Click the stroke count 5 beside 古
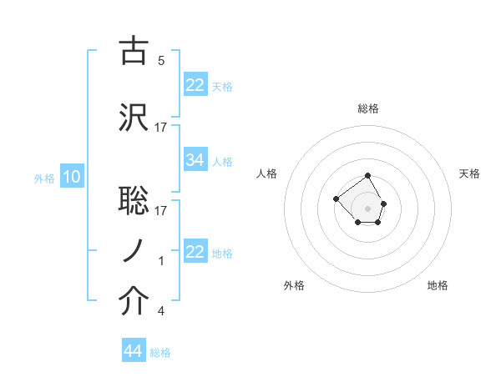coord(161,61)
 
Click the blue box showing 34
coord(195,160)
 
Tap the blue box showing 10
coord(71,177)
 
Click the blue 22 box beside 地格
coord(195,252)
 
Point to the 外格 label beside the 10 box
coord(44,178)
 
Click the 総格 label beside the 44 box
coord(160,353)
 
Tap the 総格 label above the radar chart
coord(368,108)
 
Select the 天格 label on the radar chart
coord(470,173)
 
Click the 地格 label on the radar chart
coord(438,285)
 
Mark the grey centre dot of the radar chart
coord(368,208)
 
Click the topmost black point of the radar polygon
coord(368,177)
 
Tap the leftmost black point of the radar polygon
coord(336,199)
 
